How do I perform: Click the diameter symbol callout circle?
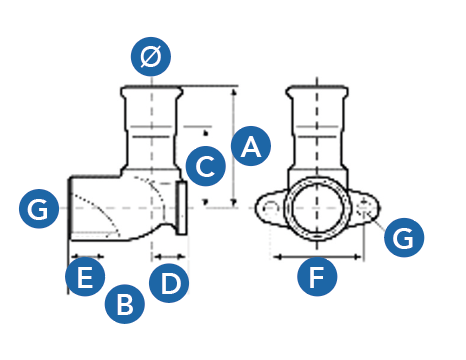(151, 56)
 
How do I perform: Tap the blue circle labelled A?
(251, 146)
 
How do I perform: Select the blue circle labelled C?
(206, 166)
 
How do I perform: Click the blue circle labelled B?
(125, 304)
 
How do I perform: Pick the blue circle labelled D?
(169, 283)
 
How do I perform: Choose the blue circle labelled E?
(85, 277)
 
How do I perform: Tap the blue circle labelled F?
(317, 276)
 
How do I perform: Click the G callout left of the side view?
(39, 209)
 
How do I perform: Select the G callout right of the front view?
(404, 237)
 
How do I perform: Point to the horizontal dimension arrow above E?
(87, 257)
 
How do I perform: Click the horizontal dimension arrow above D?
(170, 257)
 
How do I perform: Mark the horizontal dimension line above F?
(317, 257)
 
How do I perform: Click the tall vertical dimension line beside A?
(234, 146)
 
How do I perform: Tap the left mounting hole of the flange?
(270, 208)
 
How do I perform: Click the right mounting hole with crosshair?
(364, 208)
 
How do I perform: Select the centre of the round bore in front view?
(317, 208)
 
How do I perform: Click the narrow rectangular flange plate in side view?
(182, 208)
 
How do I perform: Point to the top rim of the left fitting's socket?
(152, 88)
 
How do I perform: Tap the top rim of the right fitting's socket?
(317, 88)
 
